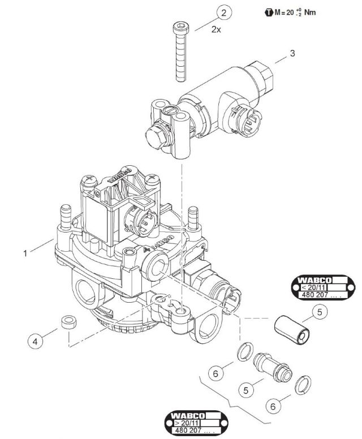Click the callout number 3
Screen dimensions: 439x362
292,54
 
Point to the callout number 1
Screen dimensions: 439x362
25,253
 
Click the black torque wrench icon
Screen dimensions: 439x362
268,12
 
